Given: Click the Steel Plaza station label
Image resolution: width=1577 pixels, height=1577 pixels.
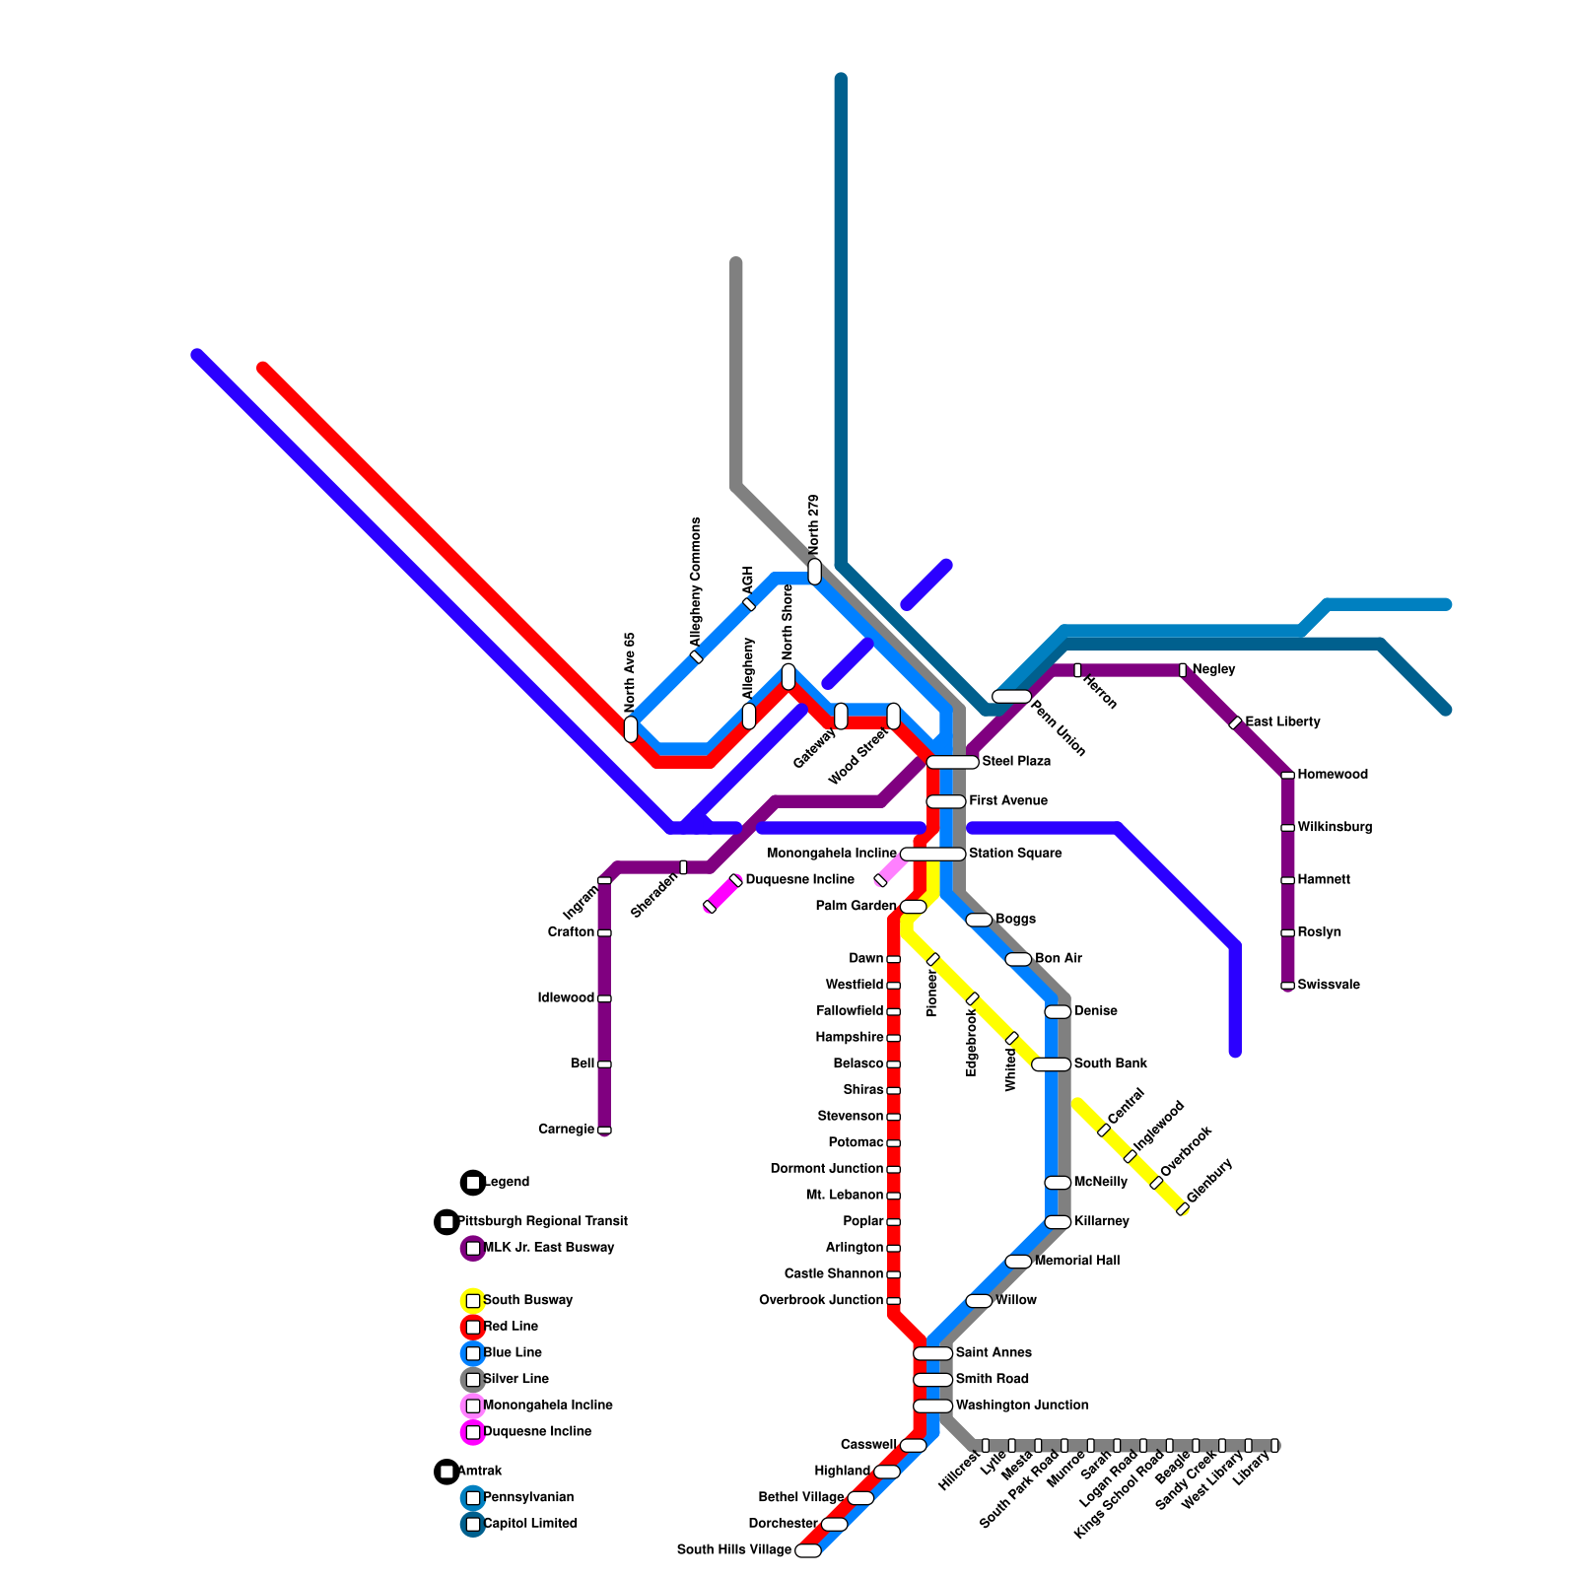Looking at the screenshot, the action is tap(1016, 762).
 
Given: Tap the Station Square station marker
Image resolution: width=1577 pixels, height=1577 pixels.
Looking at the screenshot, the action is tap(932, 854).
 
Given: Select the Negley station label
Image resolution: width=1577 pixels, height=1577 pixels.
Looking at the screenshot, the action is tap(1213, 669).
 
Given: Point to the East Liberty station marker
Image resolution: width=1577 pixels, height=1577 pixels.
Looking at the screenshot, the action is tap(1235, 722).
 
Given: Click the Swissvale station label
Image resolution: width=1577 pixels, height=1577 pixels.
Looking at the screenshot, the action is tap(1329, 985).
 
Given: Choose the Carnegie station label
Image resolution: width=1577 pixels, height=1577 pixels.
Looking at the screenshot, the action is tap(566, 1130).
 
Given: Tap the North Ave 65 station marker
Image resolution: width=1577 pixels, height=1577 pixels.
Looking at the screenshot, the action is tap(631, 729).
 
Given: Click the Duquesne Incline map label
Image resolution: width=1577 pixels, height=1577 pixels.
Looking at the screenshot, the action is tap(799, 879).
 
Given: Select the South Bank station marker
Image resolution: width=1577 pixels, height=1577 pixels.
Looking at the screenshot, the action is tap(1051, 1064).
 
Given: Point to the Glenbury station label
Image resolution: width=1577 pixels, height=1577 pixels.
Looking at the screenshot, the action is tap(1210, 1180).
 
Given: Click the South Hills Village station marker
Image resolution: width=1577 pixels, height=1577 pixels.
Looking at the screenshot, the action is tap(808, 1550).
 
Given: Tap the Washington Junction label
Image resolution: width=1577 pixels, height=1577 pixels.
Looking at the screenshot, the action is tap(1022, 1406).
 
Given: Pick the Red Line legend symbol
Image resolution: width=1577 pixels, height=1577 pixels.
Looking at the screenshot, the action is tap(473, 1327).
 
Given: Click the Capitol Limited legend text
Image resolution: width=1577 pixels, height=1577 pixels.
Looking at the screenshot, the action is tap(530, 1524).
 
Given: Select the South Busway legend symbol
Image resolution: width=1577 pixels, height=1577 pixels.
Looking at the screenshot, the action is tap(473, 1301).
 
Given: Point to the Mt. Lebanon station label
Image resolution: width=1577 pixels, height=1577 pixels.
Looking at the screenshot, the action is tap(844, 1196).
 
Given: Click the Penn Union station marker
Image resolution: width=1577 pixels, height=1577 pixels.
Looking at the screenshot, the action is tap(1011, 697).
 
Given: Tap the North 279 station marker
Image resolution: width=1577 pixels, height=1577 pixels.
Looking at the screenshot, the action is tap(814, 572).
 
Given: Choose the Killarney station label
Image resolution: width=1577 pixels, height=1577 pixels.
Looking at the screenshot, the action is tap(1101, 1222).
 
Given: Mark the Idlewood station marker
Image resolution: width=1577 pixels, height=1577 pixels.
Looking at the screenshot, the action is tap(604, 998).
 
